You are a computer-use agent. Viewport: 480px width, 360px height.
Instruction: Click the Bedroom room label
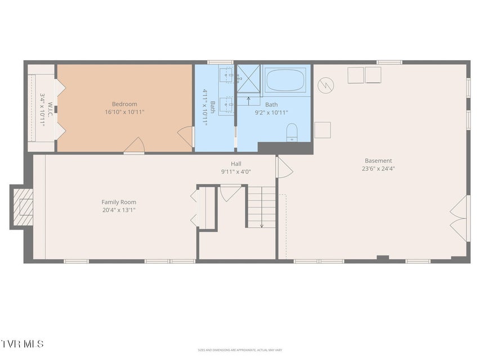tap(124, 104)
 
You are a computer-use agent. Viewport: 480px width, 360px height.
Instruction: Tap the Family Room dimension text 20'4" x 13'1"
tap(119, 210)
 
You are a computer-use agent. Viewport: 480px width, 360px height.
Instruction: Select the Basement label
tap(378, 161)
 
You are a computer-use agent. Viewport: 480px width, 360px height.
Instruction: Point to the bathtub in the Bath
tap(285, 80)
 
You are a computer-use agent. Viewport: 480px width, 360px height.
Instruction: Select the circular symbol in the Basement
tap(325, 85)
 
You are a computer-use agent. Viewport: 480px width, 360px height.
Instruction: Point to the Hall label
tap(228, 164)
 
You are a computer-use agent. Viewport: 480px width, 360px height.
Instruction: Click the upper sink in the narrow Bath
tap(226, 74)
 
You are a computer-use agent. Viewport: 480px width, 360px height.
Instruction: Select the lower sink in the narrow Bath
tap(226, 103)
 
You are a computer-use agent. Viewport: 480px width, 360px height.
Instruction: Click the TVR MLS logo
tap(22, 343)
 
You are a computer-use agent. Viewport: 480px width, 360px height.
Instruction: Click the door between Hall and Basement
tap(284, 166)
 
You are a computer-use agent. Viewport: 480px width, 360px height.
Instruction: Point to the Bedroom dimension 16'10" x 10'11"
tap(124, 112)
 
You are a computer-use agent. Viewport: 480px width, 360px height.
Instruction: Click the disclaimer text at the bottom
tap(240, 350)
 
